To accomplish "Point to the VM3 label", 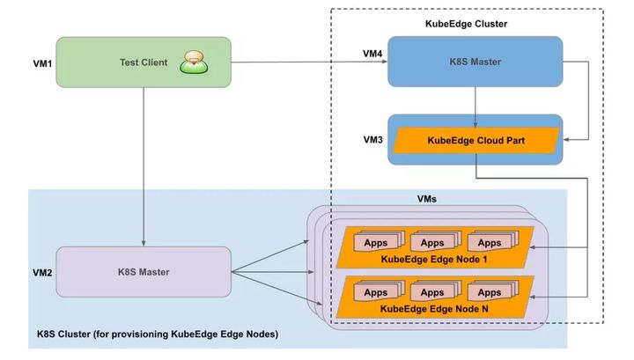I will coord(371,139).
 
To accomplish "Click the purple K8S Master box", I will coord(143,271).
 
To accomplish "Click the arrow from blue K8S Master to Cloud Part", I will coord(475,101).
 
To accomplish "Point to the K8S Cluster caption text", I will coord(157,334).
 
